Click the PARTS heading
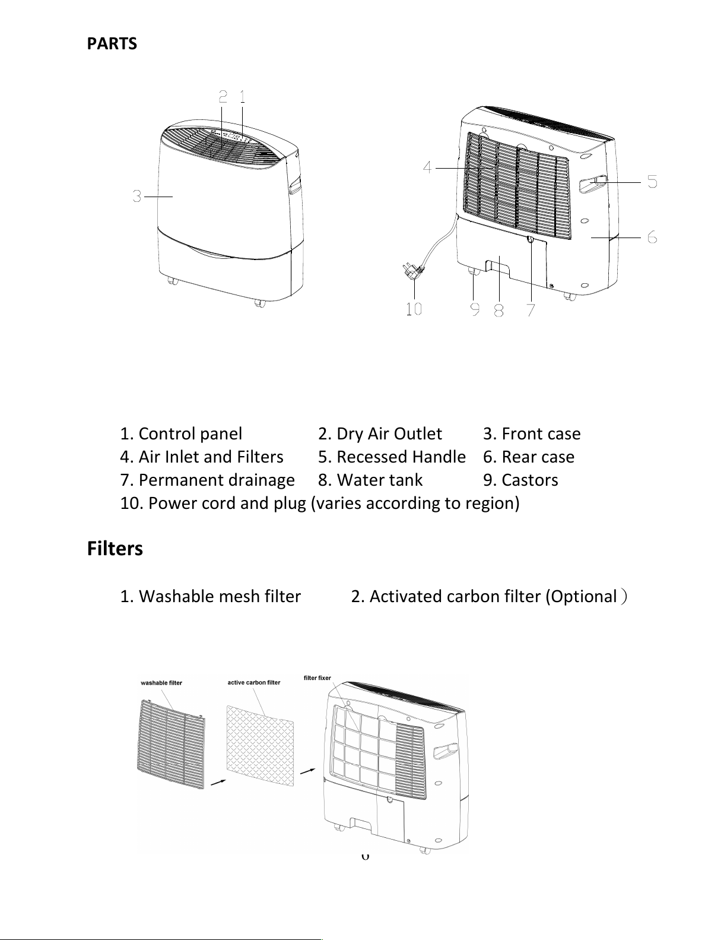[112, 44]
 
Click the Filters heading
[115, 548]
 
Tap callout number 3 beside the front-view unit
[137, 195]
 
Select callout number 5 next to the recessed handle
[652, 181]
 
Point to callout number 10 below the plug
[414, 308]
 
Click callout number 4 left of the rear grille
[427, 167]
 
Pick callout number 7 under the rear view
[531, 309]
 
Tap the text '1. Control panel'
[181, 434]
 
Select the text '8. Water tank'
[370, 480]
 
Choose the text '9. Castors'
[520, 480]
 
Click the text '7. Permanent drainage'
[207, 480]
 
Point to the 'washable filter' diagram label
[161, 683]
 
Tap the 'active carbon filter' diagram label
[254, 682]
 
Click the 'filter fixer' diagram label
[317, 678]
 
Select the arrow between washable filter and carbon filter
[218, 782]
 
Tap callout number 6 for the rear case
[652, 238]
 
